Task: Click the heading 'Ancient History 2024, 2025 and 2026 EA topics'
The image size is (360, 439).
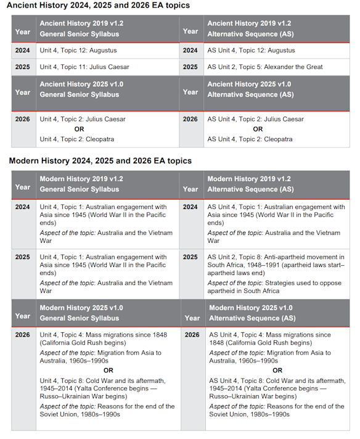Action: point(99,6)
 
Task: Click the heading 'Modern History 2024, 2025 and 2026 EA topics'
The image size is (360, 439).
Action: point(100,161)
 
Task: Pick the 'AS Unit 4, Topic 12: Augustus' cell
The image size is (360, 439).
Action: point(251,51)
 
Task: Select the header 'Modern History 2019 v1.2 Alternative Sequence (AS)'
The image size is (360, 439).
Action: point(250,184)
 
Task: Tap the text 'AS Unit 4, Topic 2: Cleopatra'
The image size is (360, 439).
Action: point(250,139)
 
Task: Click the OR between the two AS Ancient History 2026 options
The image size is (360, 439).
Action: point(258,129)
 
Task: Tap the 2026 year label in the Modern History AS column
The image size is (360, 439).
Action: point(192,335)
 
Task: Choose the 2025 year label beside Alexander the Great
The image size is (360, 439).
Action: point(190,67)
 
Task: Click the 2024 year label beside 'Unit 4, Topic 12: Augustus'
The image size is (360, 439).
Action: point(23,51)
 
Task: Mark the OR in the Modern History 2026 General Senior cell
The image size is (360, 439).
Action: point(108,371)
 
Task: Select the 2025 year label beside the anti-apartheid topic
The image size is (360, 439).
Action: point(190,257)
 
